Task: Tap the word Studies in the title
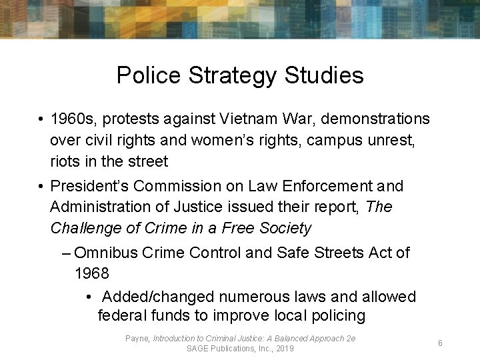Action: tap(324, 75)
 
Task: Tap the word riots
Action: tap(65, 161)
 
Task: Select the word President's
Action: tap(91, 186)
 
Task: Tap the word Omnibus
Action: tap(104, 253)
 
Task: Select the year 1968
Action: tap(91, 274)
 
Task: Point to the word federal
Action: tap(121, 316)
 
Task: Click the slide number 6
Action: tap(440, 343)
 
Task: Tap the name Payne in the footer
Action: tap(137, 339)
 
